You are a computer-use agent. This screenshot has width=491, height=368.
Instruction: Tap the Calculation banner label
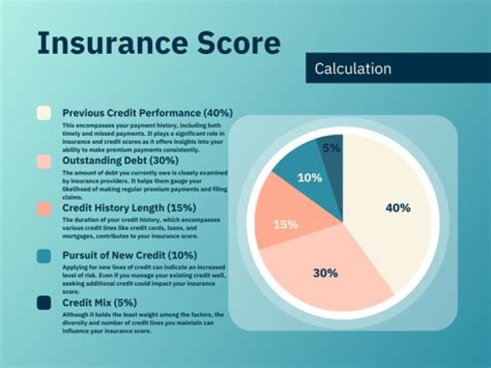(353, 69)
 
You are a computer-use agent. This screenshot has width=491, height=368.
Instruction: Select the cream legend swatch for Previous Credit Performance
(44, 113)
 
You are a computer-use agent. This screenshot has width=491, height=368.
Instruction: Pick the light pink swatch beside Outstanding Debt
(44, 161)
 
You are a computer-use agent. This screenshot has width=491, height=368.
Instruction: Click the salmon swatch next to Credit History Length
(44, 208)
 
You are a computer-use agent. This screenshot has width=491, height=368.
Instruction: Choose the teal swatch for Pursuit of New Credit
(44, 255)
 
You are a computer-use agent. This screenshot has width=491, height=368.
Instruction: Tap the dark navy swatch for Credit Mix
(44, 302)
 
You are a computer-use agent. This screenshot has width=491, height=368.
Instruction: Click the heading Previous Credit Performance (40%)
(147, 113)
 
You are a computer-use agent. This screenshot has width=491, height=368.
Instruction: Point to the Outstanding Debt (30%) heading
(120, 160)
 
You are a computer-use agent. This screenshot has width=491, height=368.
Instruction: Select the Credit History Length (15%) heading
(129, 208)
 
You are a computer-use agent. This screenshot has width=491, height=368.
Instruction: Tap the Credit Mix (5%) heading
(100, 302)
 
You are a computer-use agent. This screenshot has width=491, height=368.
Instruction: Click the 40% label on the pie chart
(398, 208)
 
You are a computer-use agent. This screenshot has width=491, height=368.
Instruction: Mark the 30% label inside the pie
(325, 273)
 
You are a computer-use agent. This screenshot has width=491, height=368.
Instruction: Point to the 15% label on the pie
(285, 225)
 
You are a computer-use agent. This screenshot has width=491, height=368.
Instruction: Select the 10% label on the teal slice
(310, 178)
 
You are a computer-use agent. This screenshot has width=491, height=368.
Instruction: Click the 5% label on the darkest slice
(331, 147)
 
